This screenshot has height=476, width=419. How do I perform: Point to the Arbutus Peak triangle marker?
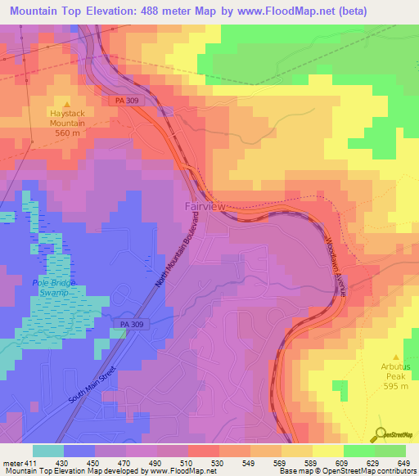click(x=395, y=357)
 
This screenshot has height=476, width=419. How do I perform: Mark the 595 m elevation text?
click(x=395, y=387)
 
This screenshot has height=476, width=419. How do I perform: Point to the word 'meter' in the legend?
click(x=11, y=463)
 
